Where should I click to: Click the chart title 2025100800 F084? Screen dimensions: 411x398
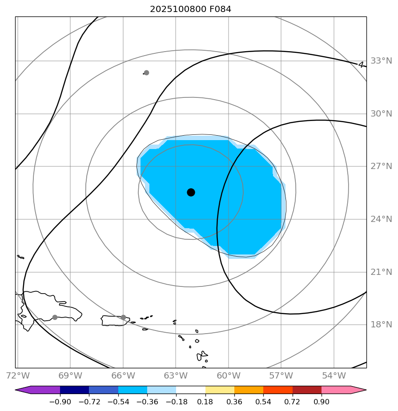coord(190,9)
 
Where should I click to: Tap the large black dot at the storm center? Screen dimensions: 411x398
coord(191,192)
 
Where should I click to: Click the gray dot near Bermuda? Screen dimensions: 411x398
coord(146,73)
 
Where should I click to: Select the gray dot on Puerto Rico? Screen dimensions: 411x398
coord(123,317)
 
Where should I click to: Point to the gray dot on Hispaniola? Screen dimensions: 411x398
coord(55,317)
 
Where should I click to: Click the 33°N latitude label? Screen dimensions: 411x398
coord(381,61)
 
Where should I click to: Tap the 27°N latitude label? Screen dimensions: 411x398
coord(381,166)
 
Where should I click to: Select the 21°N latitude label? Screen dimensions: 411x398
coord(381,272)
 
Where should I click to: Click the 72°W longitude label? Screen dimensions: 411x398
coord(16,376)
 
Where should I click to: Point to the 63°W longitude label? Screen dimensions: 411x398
coord(176,376)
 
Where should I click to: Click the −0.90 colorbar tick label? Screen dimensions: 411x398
coord(60,402)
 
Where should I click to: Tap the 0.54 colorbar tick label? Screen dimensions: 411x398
coord(263,402)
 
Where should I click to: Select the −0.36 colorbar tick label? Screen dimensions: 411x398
coord(147,402)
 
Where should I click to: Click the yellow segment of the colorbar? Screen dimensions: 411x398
coord(220,390)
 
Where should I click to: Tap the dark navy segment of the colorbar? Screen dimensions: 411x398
coord(74,390)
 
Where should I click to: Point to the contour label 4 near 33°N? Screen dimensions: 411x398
coord(361,64)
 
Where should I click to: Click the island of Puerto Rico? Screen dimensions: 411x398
coord(113,320)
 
